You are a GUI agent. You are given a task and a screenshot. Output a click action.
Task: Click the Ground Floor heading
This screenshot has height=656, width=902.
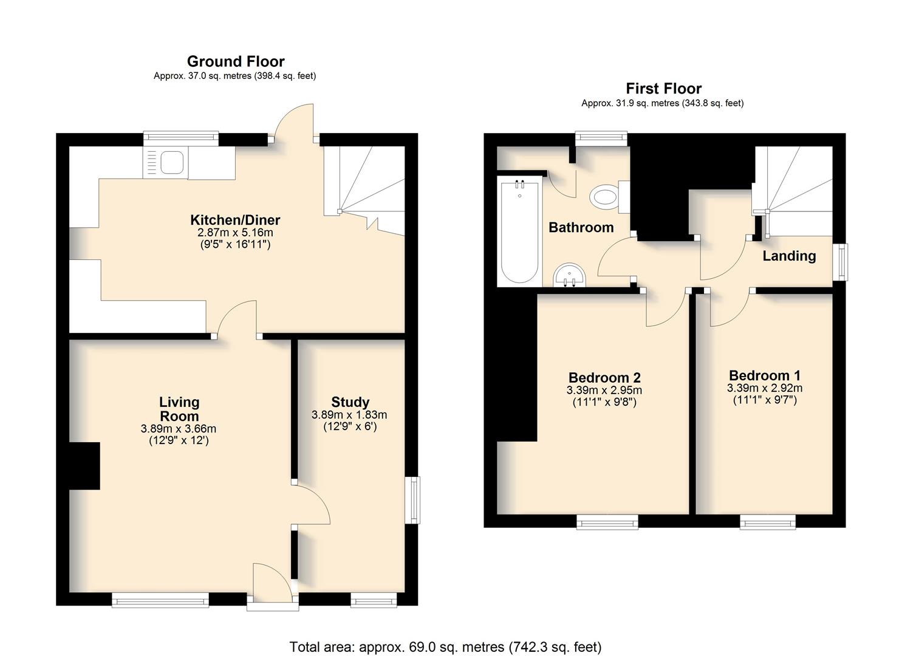click(x=236, y=61)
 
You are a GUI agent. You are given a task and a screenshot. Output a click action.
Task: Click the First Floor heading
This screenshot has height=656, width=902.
click(x=664, y=89)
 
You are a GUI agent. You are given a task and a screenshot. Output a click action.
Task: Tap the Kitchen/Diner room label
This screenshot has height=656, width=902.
click(x=235, y=220)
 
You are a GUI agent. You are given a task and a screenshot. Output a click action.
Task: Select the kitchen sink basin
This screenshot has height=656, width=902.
click(x=173, y=163)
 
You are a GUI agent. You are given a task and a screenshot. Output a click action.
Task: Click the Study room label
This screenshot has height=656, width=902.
click(x=350, y=402)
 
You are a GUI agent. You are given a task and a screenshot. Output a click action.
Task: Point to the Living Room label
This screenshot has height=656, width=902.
click(x=179, y=409)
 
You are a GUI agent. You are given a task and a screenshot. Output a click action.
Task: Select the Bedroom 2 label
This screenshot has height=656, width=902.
click(x=604, y=377)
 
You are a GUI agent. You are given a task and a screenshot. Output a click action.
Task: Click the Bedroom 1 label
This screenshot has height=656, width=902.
click(x=765, y=375)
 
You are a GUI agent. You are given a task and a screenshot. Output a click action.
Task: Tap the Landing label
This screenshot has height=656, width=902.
click(x=789, y=256)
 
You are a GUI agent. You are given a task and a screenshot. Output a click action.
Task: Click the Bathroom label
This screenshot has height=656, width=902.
click(x=581, y=228)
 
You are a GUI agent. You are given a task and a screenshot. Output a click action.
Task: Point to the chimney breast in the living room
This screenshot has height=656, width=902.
click(x=84, y=466)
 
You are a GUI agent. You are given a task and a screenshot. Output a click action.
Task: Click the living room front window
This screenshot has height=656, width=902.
click(x=160, y=600)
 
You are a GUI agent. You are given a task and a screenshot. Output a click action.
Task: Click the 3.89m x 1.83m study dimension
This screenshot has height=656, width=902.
click(x=349, y=415)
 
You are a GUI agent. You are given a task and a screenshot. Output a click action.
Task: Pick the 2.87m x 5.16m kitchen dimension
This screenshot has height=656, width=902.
click(x=235, y=233)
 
